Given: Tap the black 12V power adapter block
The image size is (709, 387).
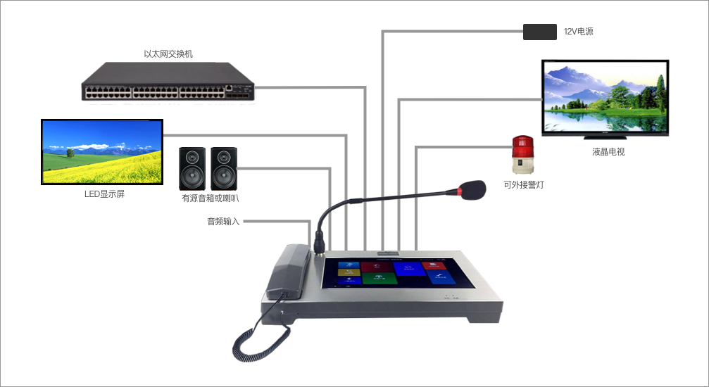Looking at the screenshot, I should click(x=540, y=32).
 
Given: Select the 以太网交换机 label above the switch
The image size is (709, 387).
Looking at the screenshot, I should click(x=168, y=53).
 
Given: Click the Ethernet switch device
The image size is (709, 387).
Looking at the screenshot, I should click(x=167, y=80).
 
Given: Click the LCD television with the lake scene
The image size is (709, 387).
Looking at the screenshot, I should click(x=605, y=96).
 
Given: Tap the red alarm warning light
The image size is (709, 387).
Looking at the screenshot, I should click(x=523, y=155).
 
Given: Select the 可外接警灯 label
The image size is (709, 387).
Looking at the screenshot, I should click(x=523, y=185).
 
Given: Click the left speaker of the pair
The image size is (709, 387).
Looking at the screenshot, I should click(x=192, y=168).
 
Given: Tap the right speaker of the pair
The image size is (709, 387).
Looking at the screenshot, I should click(x=224, y=168).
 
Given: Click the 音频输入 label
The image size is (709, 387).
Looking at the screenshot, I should click(x=223, y=222).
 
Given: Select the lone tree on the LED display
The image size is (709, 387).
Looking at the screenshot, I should click(x=70, y=152).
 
